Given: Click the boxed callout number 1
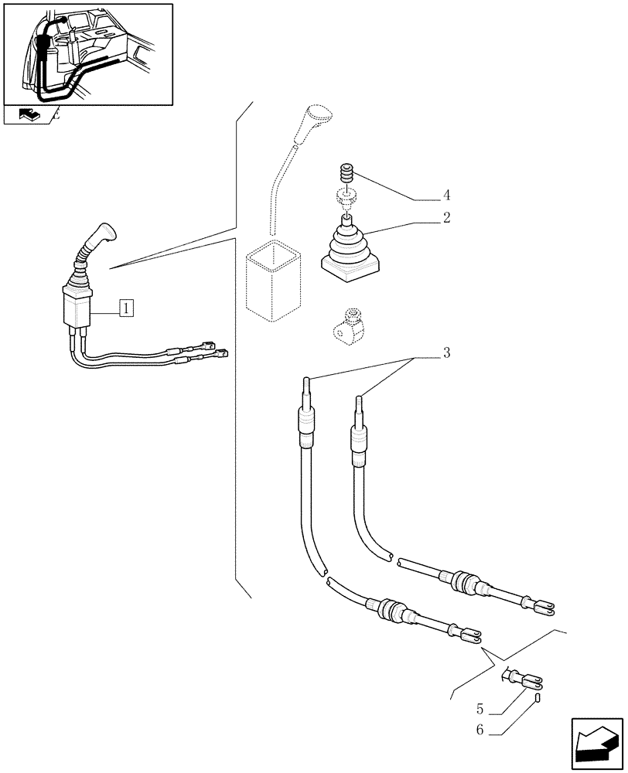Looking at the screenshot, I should [x=126, y=308].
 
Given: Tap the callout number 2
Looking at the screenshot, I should [x=446, y=218].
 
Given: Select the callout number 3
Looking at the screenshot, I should [x=446, y=354].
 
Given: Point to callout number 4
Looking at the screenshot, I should [x=446, y=195].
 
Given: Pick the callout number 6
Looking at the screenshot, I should [x=480, y=728].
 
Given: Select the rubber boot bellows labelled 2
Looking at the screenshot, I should [x=350, y=246].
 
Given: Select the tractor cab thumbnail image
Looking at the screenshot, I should [x=87, y=54].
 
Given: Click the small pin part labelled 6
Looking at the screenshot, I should [x=536, y=698].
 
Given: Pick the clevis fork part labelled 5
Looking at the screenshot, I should [x=523, y=680].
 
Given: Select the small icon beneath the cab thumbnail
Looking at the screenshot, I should [x=29, y=116].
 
